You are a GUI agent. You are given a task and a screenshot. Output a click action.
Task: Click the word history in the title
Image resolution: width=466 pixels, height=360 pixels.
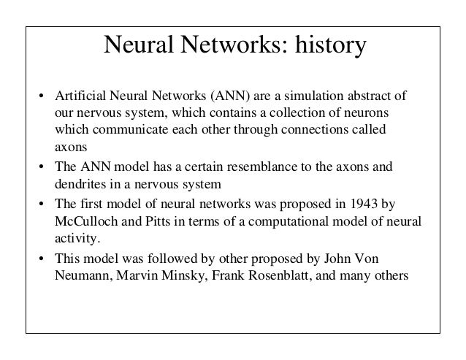pos(326,47)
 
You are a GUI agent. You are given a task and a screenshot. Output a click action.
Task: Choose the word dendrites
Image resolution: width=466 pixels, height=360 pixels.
pos(81,184)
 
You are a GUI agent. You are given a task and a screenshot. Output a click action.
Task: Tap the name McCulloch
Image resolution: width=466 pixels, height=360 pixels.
pos(84,221)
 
